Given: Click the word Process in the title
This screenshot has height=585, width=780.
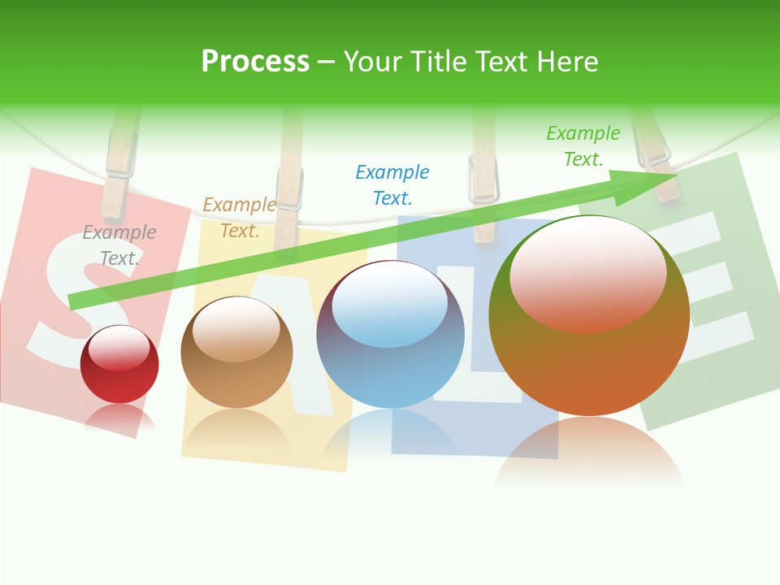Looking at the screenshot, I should (255, 62).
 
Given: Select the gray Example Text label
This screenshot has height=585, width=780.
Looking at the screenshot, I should (119, 245).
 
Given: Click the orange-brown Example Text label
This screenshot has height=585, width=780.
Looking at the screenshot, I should (239, 218).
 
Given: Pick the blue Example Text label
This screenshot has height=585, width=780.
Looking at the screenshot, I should (392, 184).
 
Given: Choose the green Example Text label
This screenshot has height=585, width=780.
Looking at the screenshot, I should (583, 146).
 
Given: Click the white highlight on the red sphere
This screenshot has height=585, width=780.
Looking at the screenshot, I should (119, 348).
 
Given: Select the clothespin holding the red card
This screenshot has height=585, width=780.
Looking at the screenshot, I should (119, 162).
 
